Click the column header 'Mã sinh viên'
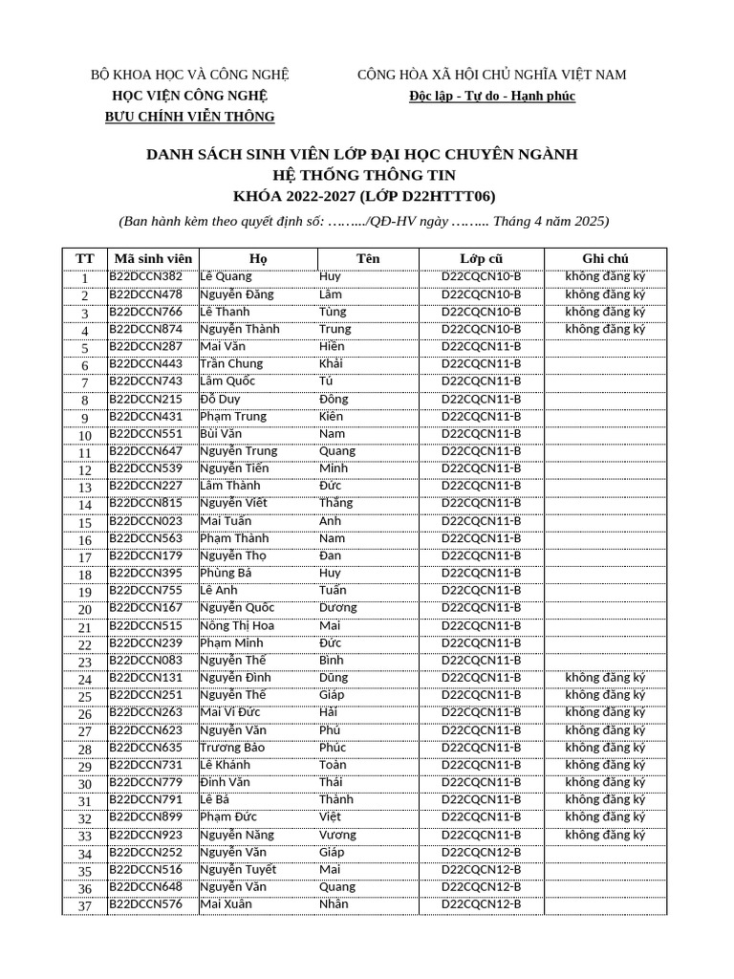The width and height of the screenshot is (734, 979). click(x=153, y=259)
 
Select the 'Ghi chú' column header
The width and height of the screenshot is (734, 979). click(x=605, y=259)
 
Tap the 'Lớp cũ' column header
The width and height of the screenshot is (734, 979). click(x=481, y=259)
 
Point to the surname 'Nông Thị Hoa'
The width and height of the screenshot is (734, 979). click(x=237, y=625)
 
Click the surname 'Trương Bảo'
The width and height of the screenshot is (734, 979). click(x=232, y=748)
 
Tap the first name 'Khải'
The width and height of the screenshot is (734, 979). click(x=331, y=364)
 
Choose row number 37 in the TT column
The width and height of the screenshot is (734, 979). click(x=85, y=906)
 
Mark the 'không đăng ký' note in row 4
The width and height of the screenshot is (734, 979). click(x=605, y=330)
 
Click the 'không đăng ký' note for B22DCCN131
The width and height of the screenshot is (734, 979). click(x=605, y=678)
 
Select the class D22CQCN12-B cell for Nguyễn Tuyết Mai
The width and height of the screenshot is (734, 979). click(x=481, y=870)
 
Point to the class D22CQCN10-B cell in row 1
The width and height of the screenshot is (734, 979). click(x=481, y=277)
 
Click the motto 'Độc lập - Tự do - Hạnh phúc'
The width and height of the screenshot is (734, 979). click(x=492, y=97)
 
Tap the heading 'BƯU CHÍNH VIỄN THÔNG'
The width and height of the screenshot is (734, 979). click(x=189, y=117)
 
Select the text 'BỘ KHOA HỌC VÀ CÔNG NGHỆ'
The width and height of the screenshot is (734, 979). click(x=189, y=75)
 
